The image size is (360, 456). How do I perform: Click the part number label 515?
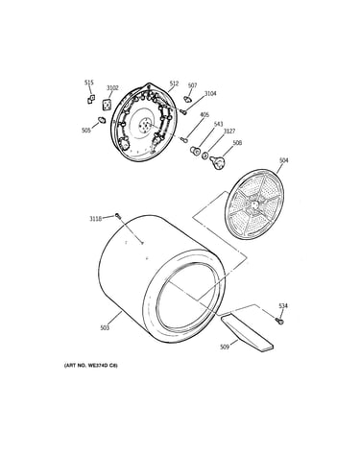pyautogui.click(x=89, y=83)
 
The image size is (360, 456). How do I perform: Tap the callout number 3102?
pyautogui.click(x=112, y=88)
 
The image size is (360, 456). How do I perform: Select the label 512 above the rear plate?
pyautogui.click(x=174, y=84)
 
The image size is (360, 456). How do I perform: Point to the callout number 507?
pyautogui.click(x=192, y=85)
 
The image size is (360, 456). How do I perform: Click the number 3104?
pyautogui.click(x=210, y=93)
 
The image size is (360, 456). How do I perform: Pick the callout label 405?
pyautogui.click(x=204, y=114)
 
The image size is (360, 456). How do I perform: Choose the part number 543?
pyautogui.click(x=218, y=124)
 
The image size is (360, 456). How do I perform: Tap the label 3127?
pyautogui.click(x=229, y=132)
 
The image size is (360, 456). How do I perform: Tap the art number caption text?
pyautogui.click(x=91, y=366)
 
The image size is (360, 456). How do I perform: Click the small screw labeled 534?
pyautogui.click(x=278, y=321)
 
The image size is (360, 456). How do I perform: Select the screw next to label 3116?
pyautogui.click(x=118, y=216)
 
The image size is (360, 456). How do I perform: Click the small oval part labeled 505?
pyautogui.click(x=102, y=120)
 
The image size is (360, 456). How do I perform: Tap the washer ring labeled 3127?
pyautogui.click(x=204, y=156)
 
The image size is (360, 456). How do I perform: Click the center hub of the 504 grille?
pyautogui.click(x=253, y=204)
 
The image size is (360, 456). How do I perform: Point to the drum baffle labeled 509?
pyautogui.click(x=247, y=333)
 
